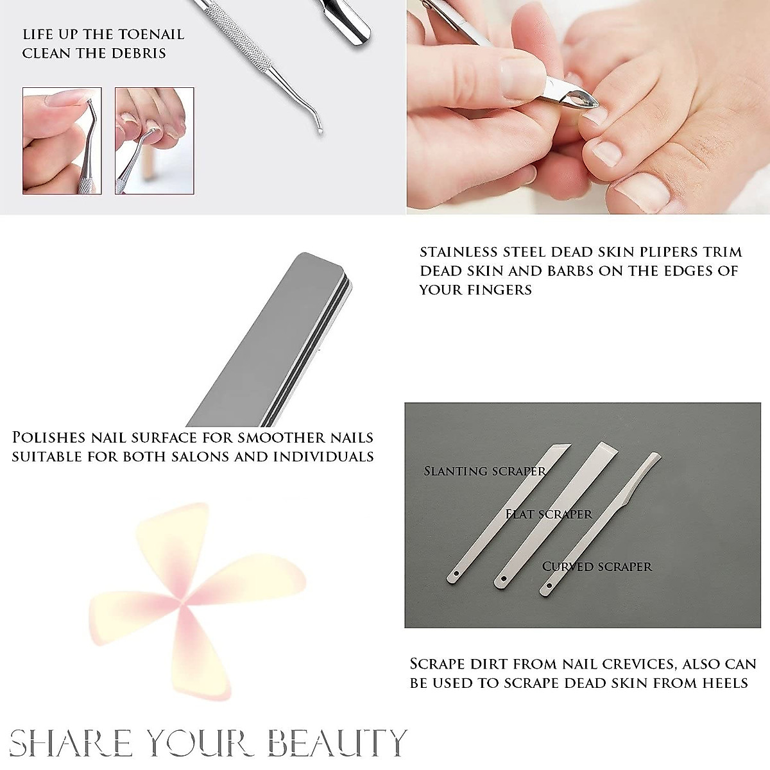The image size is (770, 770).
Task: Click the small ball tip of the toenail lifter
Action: [x=320, y=131]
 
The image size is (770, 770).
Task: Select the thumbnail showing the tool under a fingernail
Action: [x=62, y=141]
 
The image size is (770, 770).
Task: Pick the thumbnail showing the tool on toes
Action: [x=154, y=141]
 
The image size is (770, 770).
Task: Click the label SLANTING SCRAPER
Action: [x=484, y=471]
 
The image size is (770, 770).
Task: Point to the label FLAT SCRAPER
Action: [x=549, y=514]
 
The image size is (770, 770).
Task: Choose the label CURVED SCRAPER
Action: [x=597, y=567]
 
